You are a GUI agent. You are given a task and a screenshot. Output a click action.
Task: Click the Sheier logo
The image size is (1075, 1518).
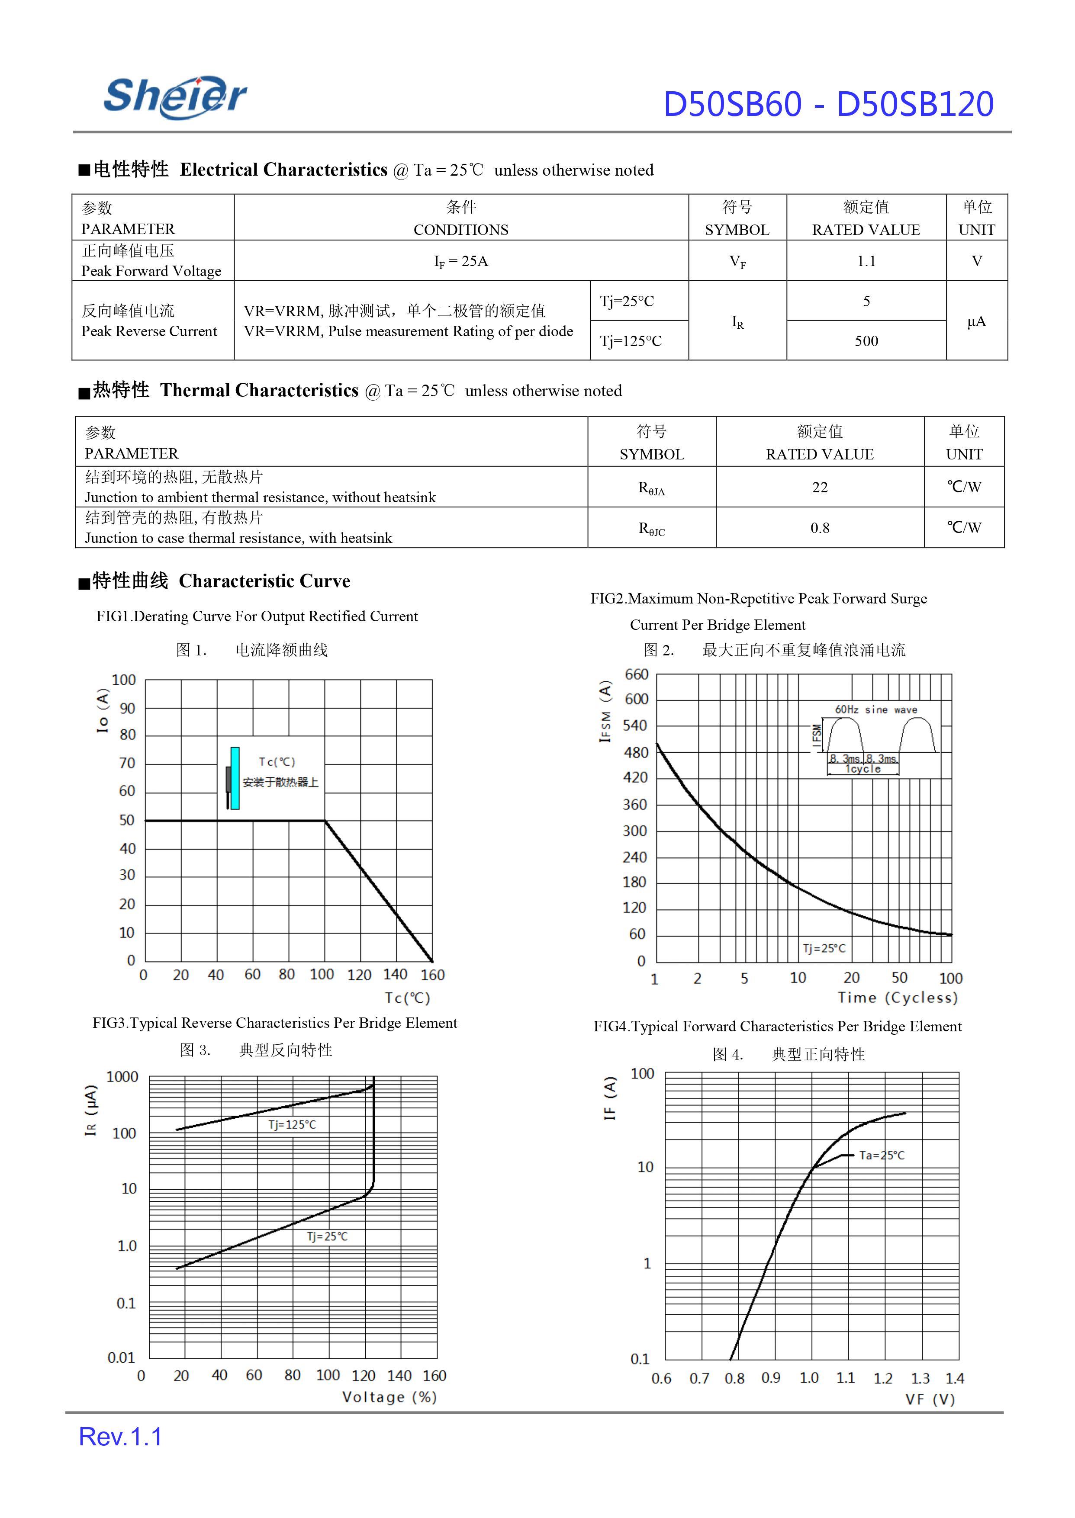click(175, 97)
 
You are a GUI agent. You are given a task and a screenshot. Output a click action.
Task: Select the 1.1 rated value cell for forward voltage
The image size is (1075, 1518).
click(866, 261)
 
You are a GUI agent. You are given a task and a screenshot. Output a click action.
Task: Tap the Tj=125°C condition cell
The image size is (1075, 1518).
click(631, 341)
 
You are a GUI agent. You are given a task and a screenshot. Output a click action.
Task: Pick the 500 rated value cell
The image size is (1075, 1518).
click(866, 341)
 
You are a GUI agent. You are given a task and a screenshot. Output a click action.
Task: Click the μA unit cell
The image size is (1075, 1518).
click(976, 321)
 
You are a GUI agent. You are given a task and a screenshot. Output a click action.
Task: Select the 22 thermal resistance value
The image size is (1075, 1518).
click(820, 488)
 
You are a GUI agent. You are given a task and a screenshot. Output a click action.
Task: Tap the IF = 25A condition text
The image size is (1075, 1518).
click(461, 261)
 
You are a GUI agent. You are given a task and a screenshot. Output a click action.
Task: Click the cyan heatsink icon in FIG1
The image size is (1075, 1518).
click(234, 778)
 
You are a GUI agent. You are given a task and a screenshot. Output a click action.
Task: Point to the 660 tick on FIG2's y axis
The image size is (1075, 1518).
click(636, 674)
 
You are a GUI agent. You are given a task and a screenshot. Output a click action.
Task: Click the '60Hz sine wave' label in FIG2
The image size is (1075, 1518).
click(876, 710)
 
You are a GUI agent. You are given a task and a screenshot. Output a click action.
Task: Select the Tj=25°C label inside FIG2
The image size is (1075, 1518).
click(824, 948)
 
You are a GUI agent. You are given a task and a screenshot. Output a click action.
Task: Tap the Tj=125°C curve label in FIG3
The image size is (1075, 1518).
click(292, 1124)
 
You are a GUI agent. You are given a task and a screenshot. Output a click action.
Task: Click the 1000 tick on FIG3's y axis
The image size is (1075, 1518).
click(122, 1077)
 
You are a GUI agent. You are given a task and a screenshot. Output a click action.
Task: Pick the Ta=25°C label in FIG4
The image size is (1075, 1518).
click(882, 1155)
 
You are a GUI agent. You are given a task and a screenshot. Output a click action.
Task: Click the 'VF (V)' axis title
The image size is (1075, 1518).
click(930, 1399)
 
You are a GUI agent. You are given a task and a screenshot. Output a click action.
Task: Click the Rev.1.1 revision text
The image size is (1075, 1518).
click(120, 1437)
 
